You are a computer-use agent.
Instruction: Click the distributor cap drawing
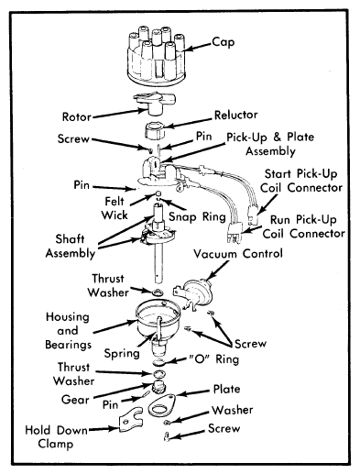tap(156, 57)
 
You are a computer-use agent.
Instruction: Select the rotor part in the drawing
tap(155, 104)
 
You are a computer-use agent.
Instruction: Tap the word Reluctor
tap(235, 115)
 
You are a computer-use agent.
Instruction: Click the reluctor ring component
tap(154, 130)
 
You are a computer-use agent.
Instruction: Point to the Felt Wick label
tap(115, 208)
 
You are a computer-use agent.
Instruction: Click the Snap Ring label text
tap(197, 216)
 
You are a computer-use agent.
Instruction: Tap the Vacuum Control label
tap(238, 254)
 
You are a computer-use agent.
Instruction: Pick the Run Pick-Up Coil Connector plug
tap(235, 233)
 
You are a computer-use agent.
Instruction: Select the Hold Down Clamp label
tap(56, 436)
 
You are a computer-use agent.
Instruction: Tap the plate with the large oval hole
tap(162, 405)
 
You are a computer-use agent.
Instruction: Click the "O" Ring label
tap(213, 358)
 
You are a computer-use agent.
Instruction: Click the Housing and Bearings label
tap(68, 331)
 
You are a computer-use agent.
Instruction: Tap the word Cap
tap(224, 42)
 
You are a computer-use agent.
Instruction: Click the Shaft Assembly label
tap(71, 247)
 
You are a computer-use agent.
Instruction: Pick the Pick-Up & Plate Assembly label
tap(270, 144)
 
